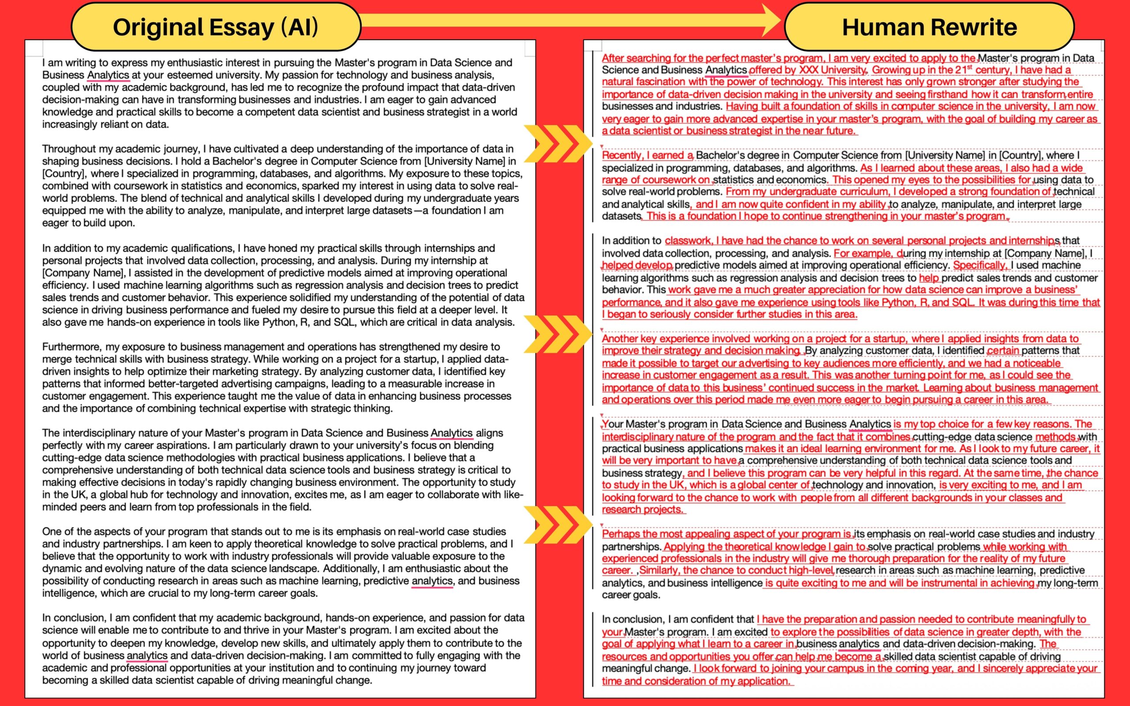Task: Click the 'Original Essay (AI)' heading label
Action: point(216,27)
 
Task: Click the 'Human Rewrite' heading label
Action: point(929,27)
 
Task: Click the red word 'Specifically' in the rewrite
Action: point(979,265)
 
